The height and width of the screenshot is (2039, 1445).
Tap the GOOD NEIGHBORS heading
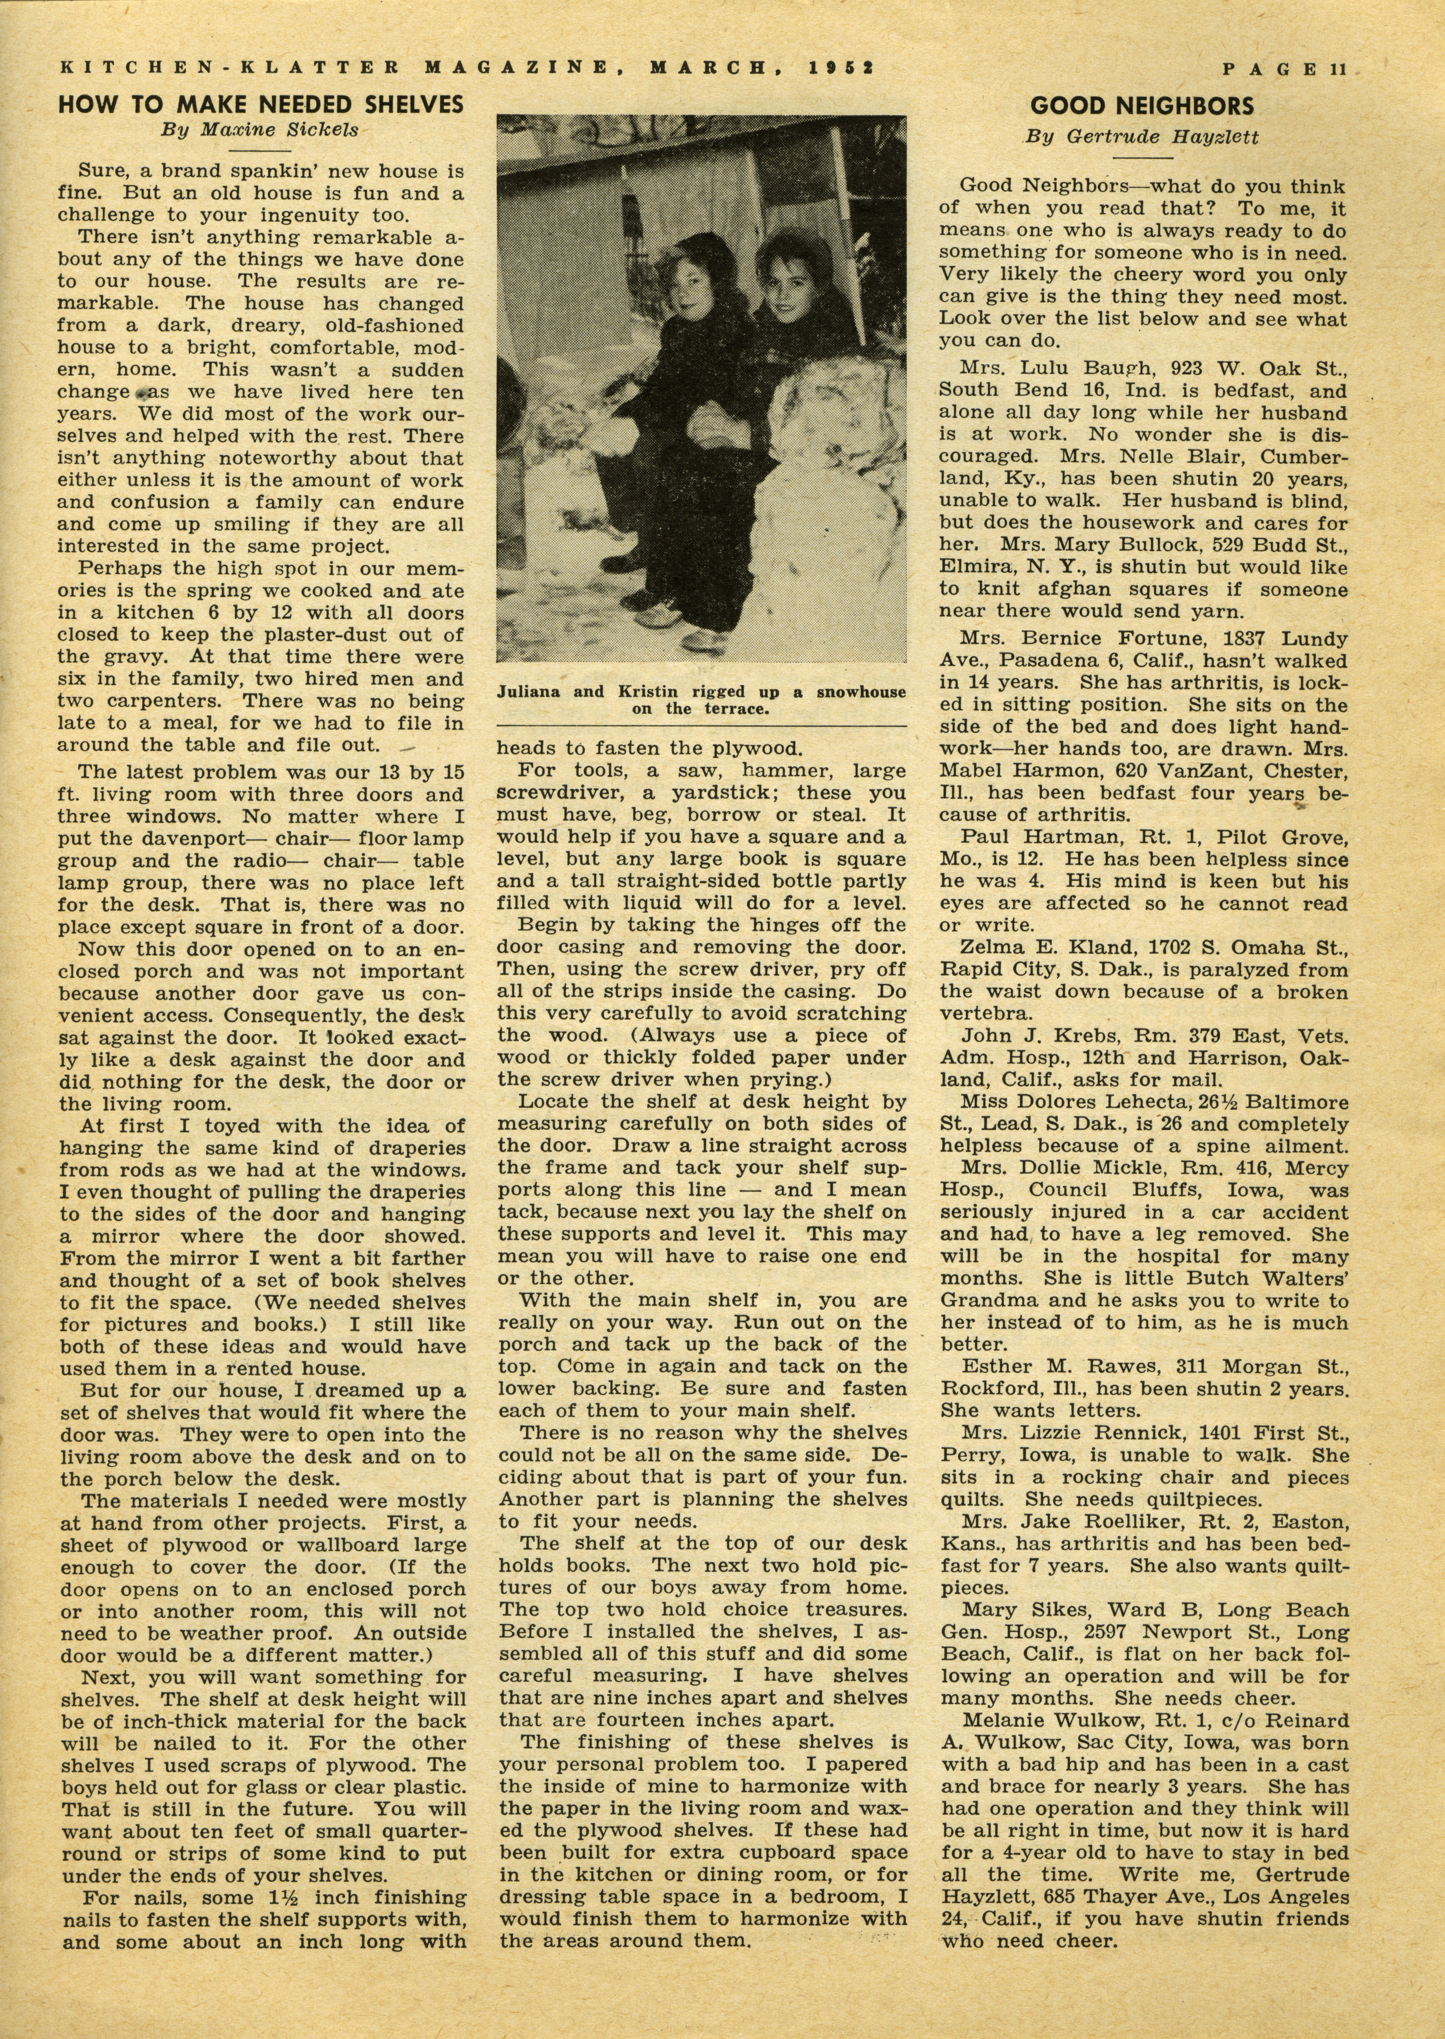point(1142,107)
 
